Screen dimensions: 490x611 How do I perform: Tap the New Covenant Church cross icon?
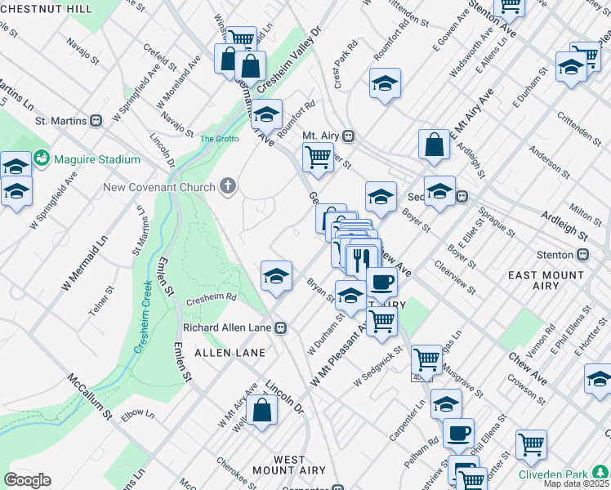228,187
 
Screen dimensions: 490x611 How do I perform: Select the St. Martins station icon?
96,121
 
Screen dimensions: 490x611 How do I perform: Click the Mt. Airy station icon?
349,136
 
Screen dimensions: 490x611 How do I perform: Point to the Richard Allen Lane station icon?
280,327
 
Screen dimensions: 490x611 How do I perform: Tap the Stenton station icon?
582,254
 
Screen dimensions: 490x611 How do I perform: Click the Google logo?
27,480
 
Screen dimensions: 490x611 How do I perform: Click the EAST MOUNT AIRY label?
545,280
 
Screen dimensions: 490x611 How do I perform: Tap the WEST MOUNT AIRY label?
279,465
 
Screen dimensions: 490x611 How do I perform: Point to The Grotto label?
219,139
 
